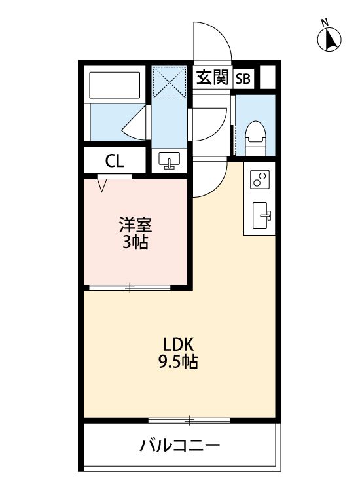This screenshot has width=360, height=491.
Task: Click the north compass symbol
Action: click(x=330, y=40)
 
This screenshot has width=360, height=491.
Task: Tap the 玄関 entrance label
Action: click(x=212, y=78)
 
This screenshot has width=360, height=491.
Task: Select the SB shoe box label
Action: click(x=243, y=79)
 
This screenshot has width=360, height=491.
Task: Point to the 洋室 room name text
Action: click(x=135, y=227)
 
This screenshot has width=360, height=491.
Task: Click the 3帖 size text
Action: click(x=135, y=244)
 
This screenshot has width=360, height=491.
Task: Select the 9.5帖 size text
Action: click(x=178, y=361)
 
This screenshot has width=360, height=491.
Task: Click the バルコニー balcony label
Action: click(x=179, y=447)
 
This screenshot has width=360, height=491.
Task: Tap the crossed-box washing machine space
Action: click(x=170, y=81)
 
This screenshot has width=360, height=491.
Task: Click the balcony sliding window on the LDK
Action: click(x=190, y=419)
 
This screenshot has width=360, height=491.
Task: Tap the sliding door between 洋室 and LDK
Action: click(x=130, y=287)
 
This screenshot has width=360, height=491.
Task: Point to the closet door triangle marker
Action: click(x=101, y=185)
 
